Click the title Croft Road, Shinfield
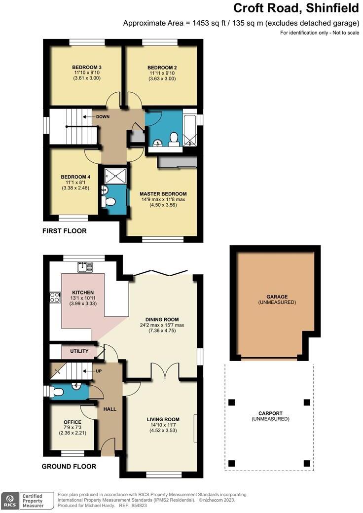[295, 8]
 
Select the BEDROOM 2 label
[162, 67]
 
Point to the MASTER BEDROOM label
[163, 194]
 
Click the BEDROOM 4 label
[75, 177]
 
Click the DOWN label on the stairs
[103, 117]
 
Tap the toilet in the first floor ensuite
[109, 201]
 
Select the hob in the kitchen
[54, 297]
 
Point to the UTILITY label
[79, 351]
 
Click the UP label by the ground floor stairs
[99, 370]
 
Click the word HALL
[109, 409]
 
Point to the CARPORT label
[270, 413]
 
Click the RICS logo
[9, 500]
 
